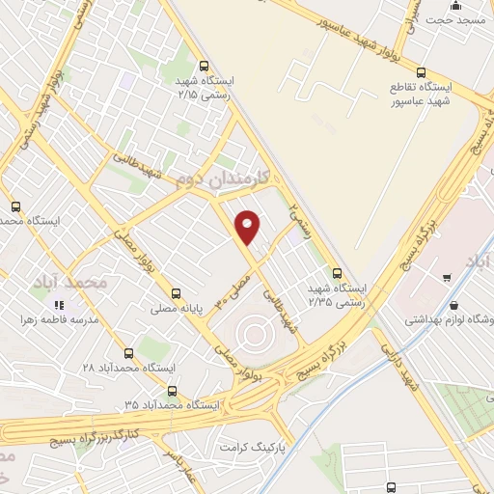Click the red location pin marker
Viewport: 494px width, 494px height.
point(249,227)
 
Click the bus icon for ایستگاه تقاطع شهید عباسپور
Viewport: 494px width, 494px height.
point(421,71)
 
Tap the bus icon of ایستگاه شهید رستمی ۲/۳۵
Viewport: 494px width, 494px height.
point(337,272)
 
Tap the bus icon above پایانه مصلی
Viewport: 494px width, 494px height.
point(175,293)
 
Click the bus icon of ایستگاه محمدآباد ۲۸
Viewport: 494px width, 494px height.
point(129,353)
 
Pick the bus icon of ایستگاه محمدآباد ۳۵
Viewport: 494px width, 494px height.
point(172,391)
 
